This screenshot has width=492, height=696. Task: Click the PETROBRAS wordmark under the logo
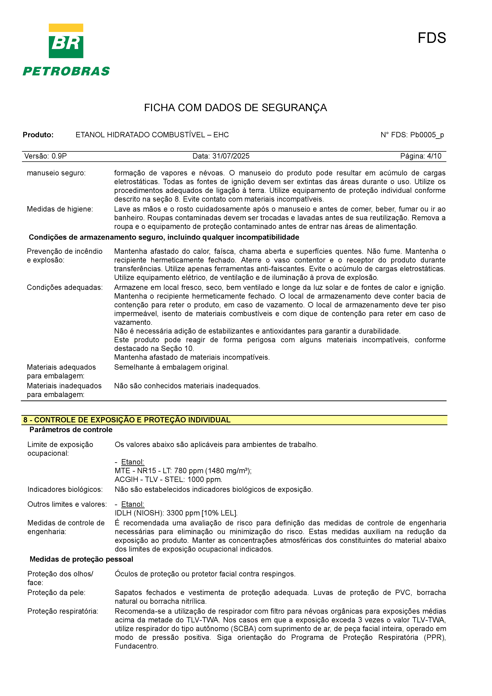(x=66, y=72)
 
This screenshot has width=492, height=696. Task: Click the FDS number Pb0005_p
(x=427, y=135)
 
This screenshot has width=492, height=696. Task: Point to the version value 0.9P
(x=59, y=156)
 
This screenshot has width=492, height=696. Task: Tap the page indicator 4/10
(x=434, y=156)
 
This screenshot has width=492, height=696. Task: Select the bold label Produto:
(x=38, y=135)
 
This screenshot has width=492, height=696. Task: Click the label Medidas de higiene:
(x=60, y=209)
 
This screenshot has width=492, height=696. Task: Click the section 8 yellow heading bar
(x=234, y=420)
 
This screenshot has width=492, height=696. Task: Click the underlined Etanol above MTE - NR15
(x=132, y=462)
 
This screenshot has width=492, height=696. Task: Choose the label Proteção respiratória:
(x=63, y=611)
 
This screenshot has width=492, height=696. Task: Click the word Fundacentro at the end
(x=136, y=646)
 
